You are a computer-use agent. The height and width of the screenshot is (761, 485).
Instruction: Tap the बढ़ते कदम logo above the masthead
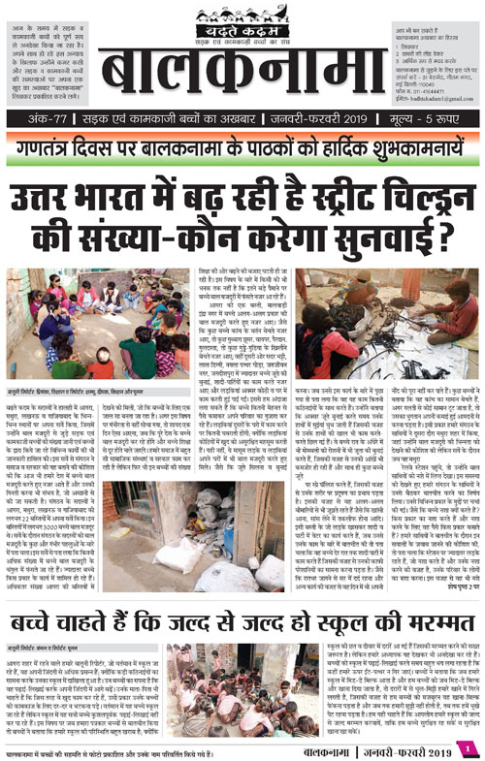click(x=242, y=16)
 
